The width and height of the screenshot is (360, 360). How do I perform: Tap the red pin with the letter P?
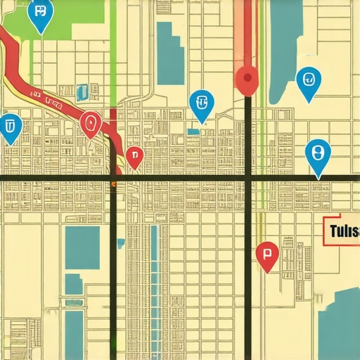(266, 255)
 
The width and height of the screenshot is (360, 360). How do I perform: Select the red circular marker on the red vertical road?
(247, 79)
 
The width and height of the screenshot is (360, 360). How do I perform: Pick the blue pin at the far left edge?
(10, 127)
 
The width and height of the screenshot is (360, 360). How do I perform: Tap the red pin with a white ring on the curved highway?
(90, 124)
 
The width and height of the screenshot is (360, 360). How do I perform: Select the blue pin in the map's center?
(202, 104)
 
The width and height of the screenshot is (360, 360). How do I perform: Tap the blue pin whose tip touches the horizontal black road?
(317, 155)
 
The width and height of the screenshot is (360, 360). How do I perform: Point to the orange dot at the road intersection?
(113, 184)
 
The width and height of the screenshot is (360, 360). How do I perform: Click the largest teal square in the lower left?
(82, 247)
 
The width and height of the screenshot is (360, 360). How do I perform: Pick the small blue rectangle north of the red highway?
(83, 91)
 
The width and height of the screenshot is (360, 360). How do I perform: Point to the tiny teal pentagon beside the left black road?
(121, 243)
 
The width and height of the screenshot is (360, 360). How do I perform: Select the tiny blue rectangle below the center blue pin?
(193, 131)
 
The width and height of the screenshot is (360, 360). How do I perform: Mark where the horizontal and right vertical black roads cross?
(247, 179)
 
